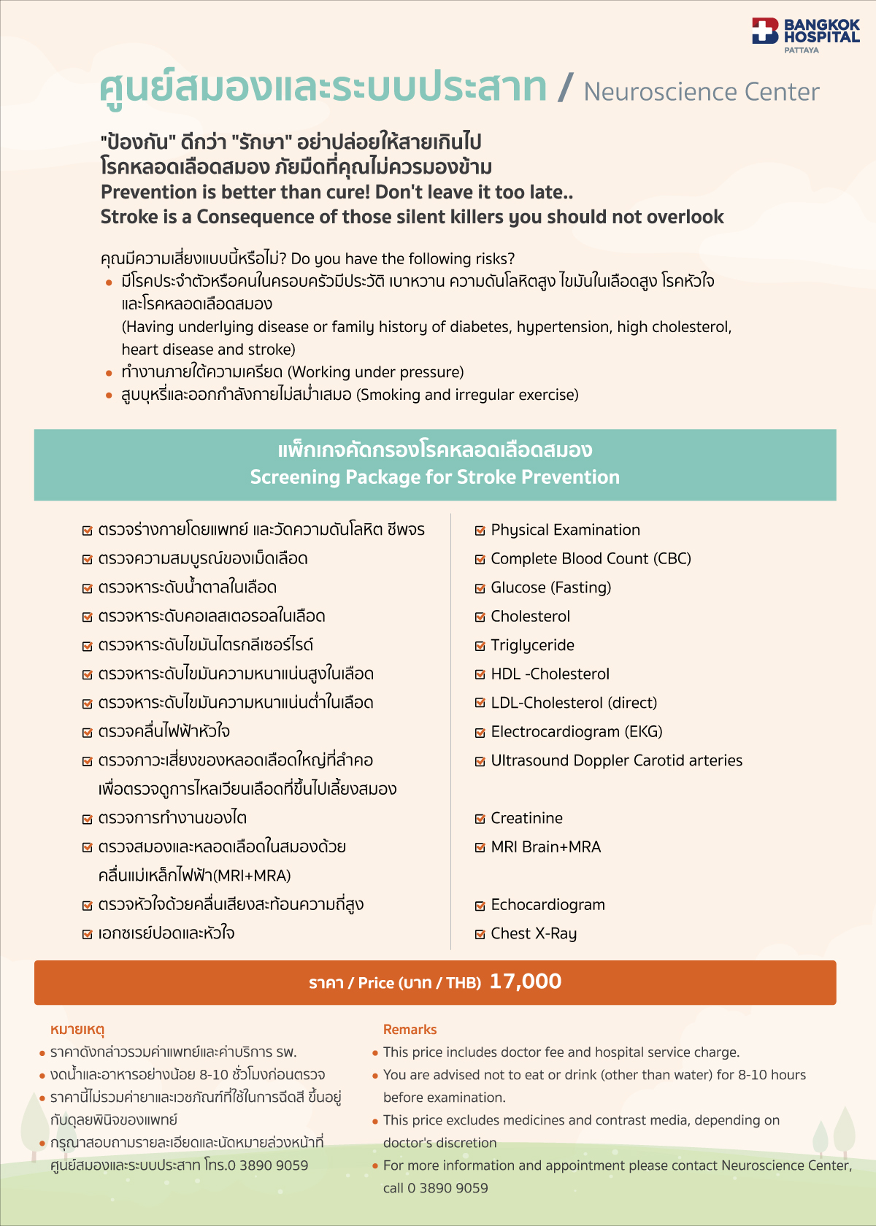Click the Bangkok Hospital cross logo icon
[x=765, y=31]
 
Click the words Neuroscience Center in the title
[x=701, y=92]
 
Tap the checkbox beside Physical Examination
[x=480, y=531]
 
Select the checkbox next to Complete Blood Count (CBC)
[x=480, y=560]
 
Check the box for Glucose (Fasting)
[x=480, y=588]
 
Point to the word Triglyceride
[x=532, y=645]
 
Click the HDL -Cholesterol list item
[x=550, y=674]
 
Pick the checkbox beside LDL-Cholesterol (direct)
[x=480, y=703]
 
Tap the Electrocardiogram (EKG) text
[x=576, y=732]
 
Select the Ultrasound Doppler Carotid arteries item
[x=616, y=760]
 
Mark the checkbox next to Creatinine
[x=480, y=819]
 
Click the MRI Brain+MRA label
[x=545, y=847]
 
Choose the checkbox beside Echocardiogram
[x=480, y=906]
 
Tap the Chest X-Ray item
[x=534, y=934]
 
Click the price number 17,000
[x=526, y=982]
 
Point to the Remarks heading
[x=410, y=1030]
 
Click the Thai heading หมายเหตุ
[x=77, y=1030]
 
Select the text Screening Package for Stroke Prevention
[x=434, y=477]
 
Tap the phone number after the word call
[x=447, y=1188]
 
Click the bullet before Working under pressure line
[x=109, y=374]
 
